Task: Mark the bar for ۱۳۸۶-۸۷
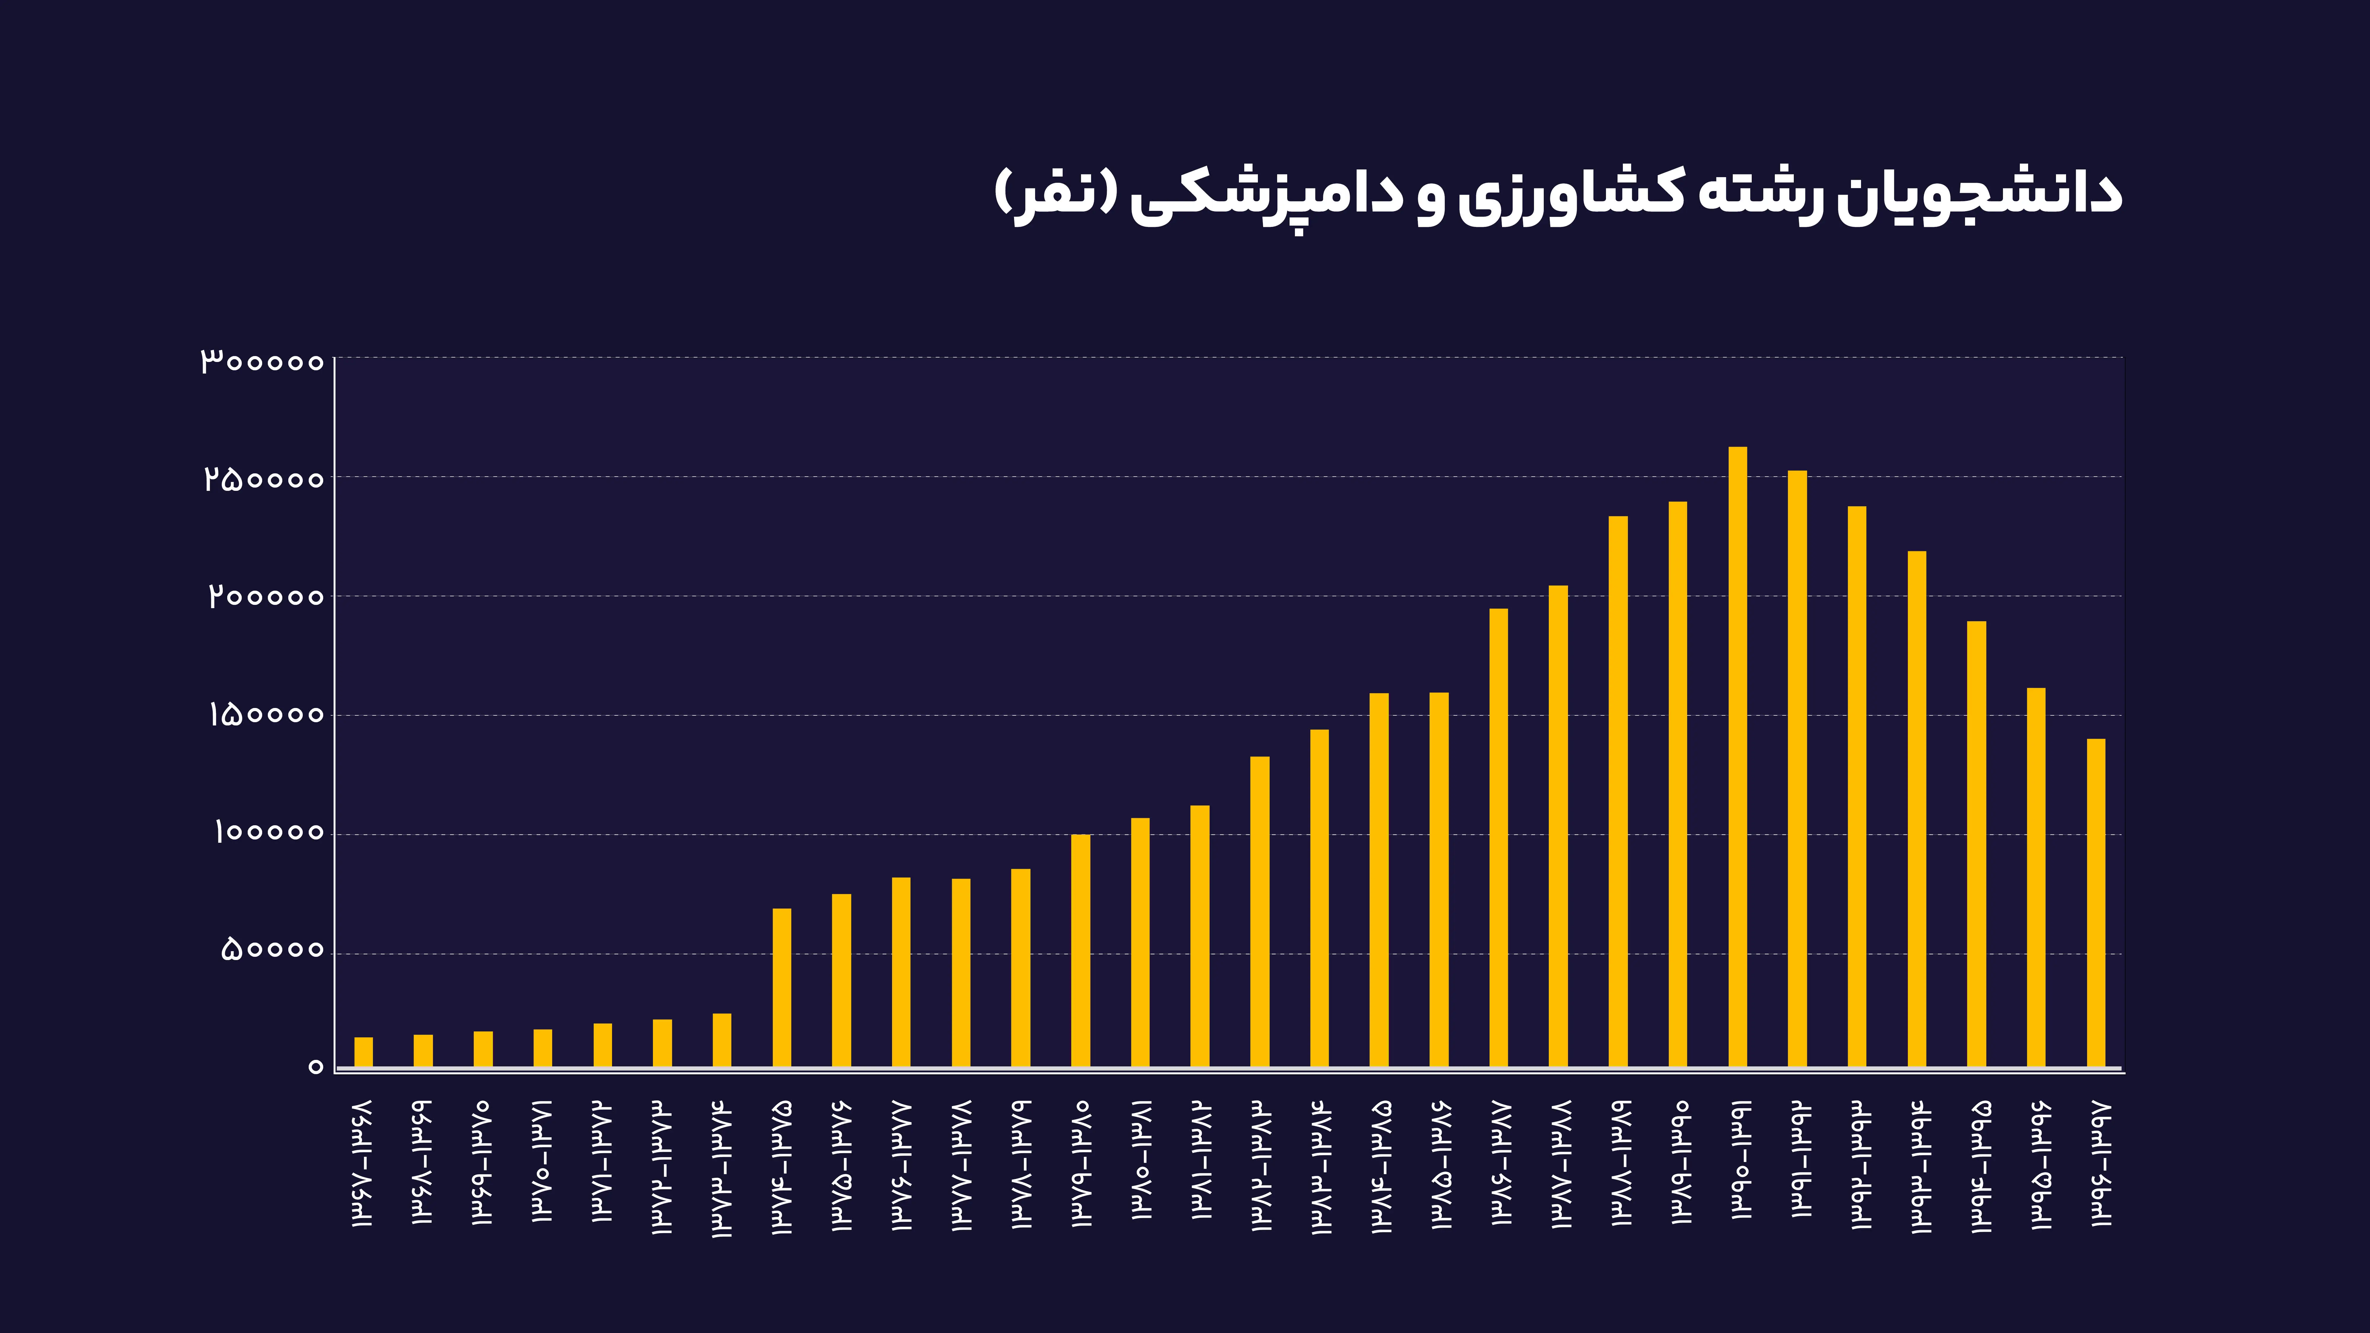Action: pyautogui.click(x=1499, y=837)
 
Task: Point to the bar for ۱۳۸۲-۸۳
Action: pyautogui.click(x=1260, y=911)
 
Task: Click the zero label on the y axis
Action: pyautogui.click(x=316, y=1067)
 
